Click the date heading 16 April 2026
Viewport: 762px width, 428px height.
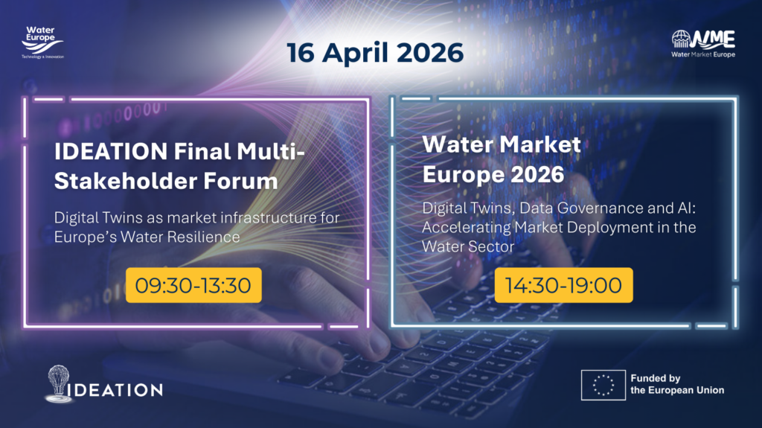(x=375, y=53)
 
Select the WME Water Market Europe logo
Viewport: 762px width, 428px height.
(x=703, y=44)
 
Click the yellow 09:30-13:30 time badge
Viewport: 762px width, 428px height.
(x=193, y=285)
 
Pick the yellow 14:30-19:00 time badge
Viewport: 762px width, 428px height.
(x=564, y=285)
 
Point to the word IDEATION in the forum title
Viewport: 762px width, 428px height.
(x=112, y=151)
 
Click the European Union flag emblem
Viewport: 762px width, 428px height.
(x=603, y=386)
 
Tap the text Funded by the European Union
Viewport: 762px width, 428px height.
(x=677, y=384)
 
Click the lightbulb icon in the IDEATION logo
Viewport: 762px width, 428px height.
(x=58, y=383)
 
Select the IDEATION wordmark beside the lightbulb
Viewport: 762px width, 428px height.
(x=118, y=390)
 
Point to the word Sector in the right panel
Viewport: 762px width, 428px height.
(x=492, y=246)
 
